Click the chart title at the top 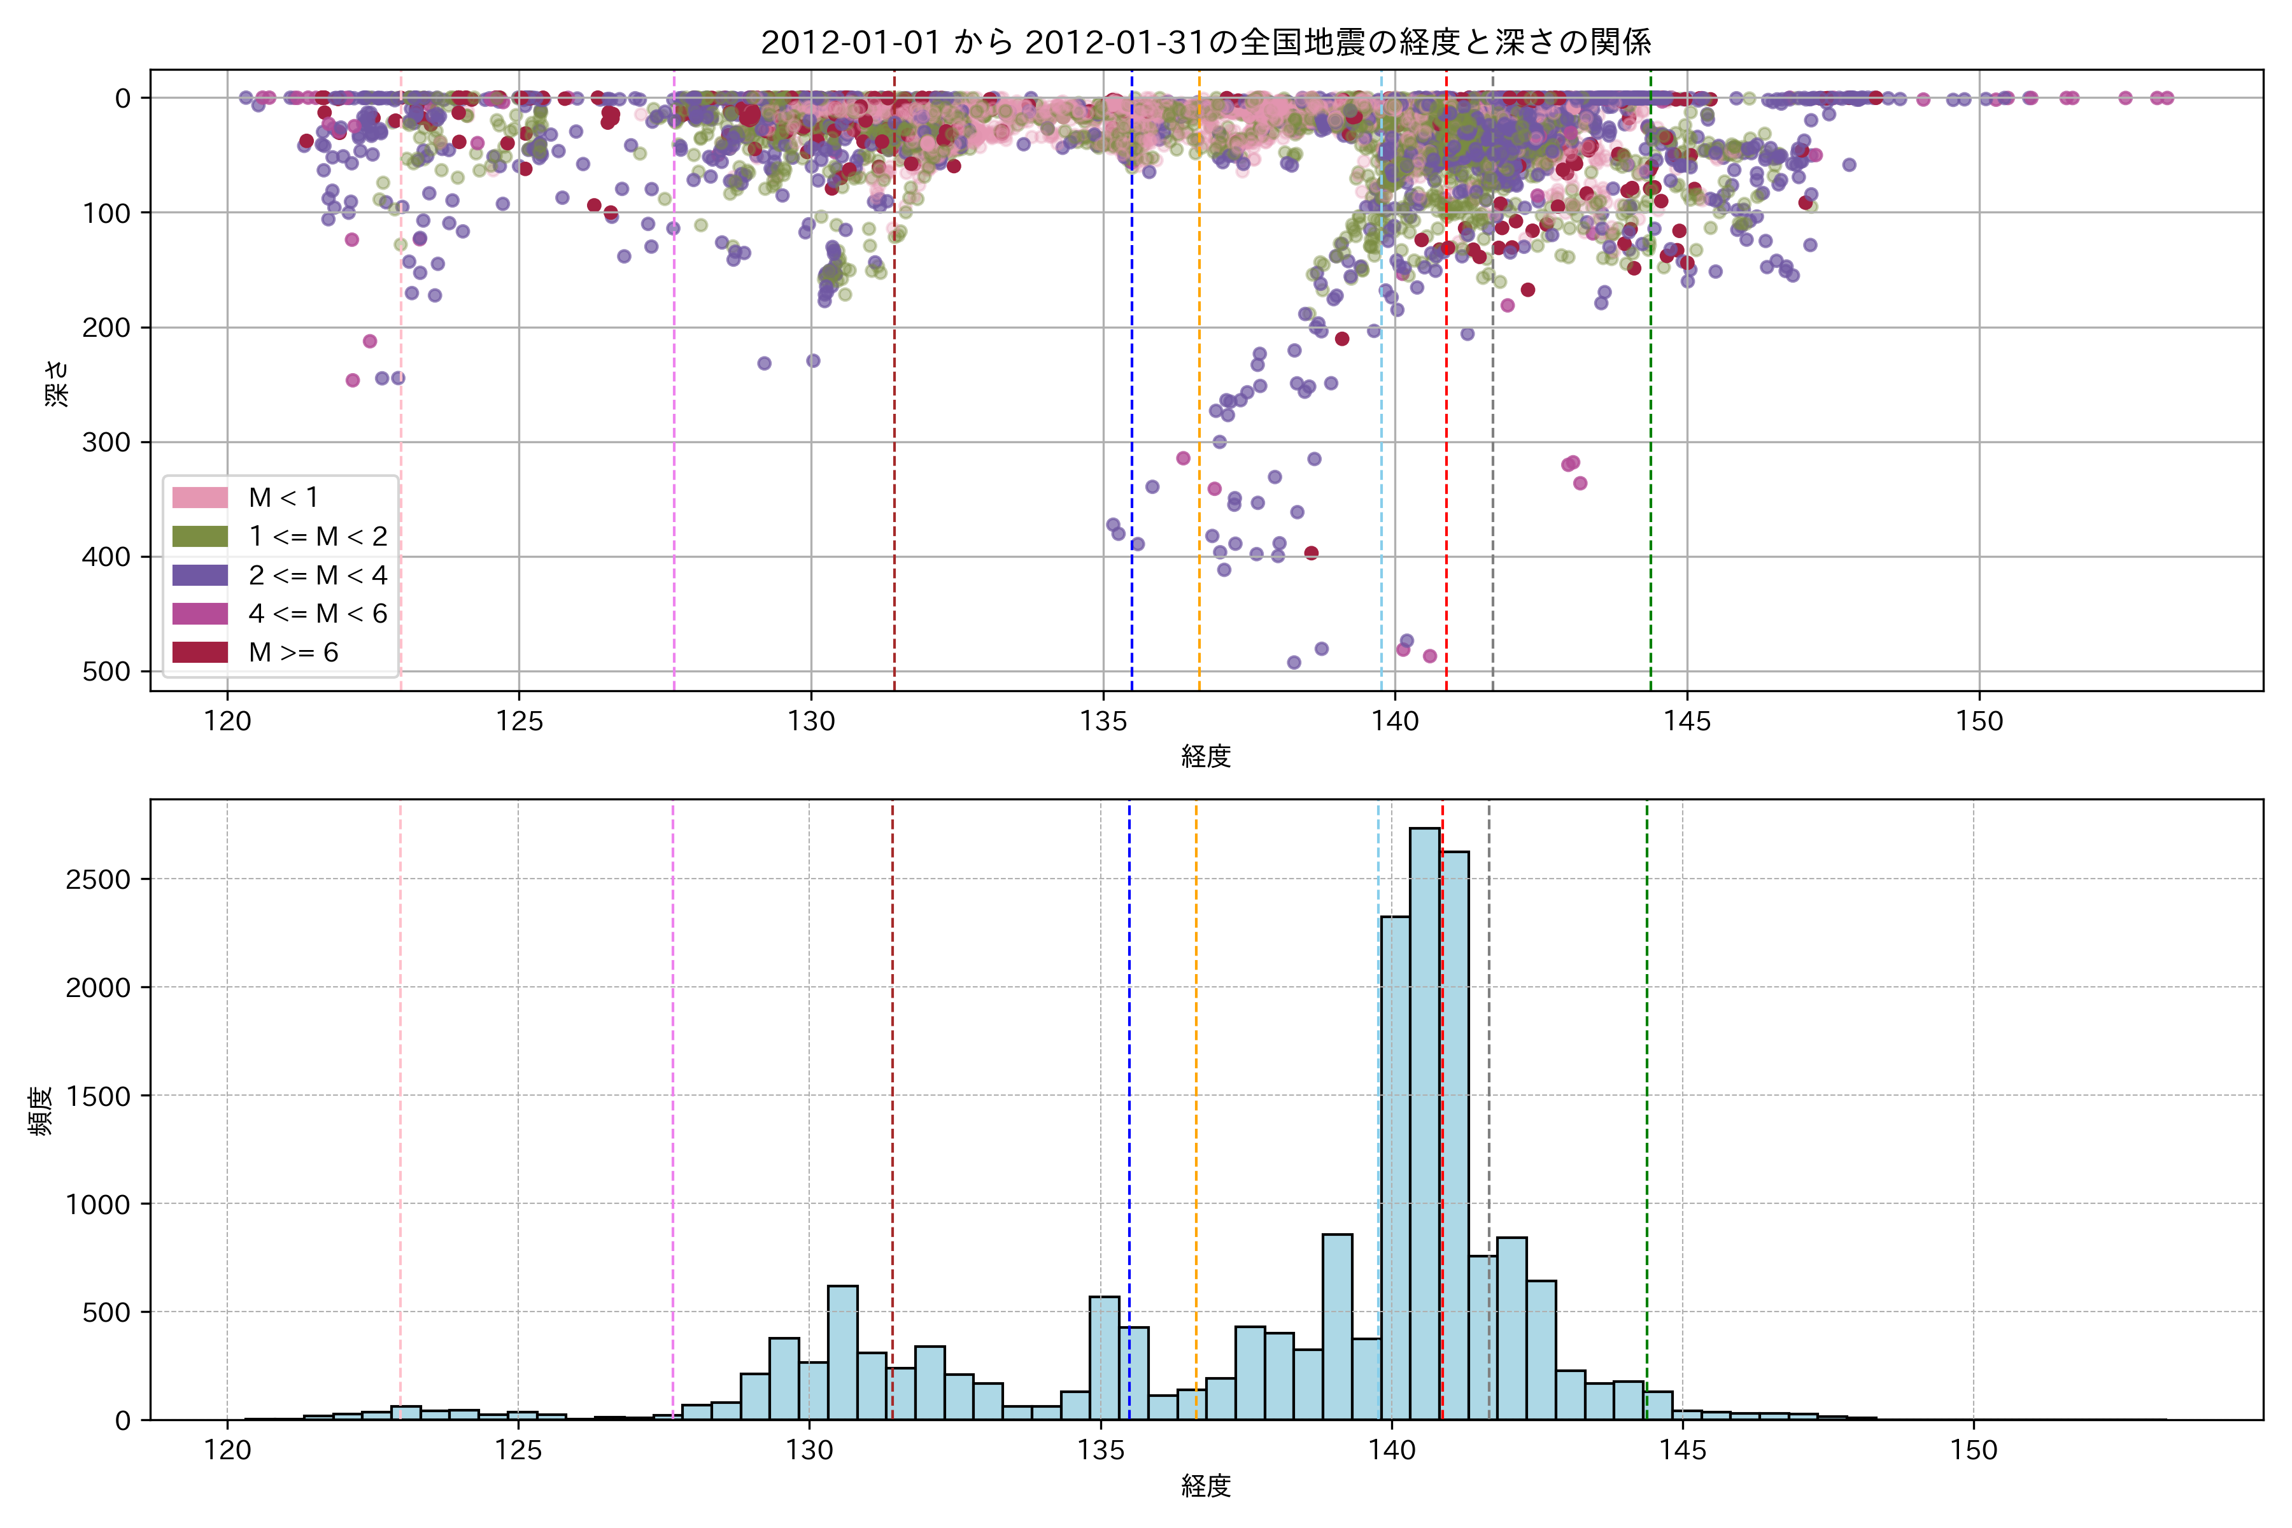tap(1205, 43)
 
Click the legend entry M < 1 tap(283, 498)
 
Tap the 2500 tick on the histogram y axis tap(97, 880)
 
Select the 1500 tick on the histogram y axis tap(97, 1096)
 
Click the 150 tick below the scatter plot tap(1979, 722)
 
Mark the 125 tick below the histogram tap(518, 1451)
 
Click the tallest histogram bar tap(1425, 1121)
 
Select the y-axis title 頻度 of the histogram tap(41, 1111)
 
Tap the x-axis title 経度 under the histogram tap(1205, 1486)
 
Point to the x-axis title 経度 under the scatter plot tap(1205, 756)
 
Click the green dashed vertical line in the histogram tap(1647, 1072)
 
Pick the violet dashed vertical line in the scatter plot tap(674, 390)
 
